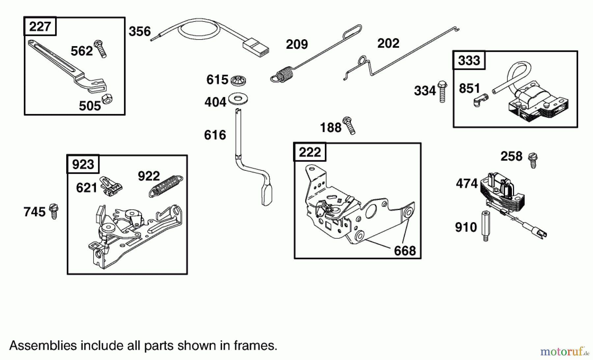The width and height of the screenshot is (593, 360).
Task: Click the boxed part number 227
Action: [40, 26]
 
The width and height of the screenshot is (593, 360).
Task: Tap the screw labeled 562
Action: [100, 49]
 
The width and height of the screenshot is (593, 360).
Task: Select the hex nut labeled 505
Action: [107, 98]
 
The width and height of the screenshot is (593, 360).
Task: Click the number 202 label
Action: [388, 43]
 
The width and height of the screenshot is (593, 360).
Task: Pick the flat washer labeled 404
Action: [238, 99]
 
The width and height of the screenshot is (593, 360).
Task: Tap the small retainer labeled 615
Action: [238, 80]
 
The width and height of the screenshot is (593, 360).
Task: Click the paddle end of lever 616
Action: [267, 195]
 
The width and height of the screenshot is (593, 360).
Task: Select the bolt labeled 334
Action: [442, 91]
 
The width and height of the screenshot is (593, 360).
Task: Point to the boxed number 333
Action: [469, 60]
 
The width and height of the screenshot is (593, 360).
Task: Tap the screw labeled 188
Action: [349, 125]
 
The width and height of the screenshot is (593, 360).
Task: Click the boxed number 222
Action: [310, 152]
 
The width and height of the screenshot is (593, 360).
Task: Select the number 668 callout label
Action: [405, 251]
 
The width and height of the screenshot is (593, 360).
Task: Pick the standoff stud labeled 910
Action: [486, 226]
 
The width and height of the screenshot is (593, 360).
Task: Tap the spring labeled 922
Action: [166, 186]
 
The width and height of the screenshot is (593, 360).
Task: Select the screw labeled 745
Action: [54, 211]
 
